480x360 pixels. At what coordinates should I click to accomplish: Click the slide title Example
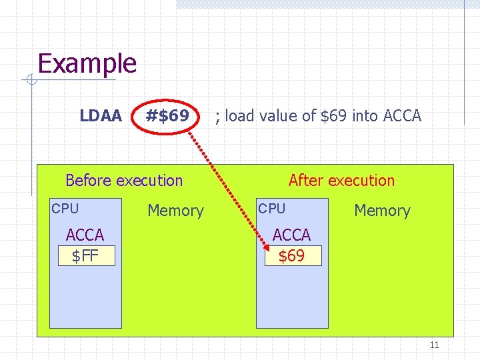tap(87, 64)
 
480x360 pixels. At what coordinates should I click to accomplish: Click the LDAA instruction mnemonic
tap(101, 116)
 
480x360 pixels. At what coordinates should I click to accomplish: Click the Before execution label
tap(124, 180)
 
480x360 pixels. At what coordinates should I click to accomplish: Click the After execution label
tap(341, 180)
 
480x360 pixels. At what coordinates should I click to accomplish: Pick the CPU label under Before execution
tap(65, 209)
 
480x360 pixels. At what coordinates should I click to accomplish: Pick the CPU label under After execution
tap(272, 209)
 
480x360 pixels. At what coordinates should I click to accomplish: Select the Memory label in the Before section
tap(175, 211)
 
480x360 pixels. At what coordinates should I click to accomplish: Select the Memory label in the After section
tap(382, 211)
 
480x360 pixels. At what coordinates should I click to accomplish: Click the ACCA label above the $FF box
tap(85, 235)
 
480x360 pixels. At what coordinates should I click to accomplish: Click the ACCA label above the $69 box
tap(292, 235)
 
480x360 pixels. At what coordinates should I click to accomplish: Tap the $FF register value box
tap(86, 255)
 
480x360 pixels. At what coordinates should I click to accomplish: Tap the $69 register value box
tap(293, 255)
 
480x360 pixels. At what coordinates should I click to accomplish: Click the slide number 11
tap(434, 345)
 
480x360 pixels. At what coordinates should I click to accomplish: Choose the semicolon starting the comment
tap(217, 117)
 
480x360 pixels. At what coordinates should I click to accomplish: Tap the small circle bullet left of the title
tap(31, 81)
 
